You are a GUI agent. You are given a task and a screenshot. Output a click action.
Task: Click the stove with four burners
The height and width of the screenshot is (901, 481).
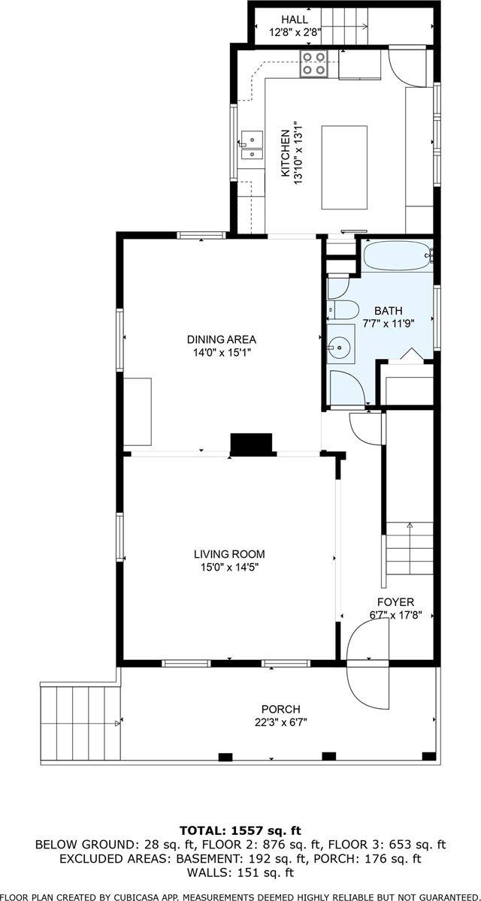[x=313, y=64]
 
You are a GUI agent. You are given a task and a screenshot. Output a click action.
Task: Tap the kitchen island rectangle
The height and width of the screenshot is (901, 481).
[x=344, y=167]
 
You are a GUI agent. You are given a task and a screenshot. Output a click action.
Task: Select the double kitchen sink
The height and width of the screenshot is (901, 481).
[x=252, y=145]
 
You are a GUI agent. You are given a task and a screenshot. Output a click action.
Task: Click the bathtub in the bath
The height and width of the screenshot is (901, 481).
[x=397, y=256]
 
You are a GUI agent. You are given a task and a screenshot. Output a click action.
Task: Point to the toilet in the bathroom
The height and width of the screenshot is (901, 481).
[x=343, y=310]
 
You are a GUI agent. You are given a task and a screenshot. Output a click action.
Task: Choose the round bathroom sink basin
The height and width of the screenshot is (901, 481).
[x=337, y=347]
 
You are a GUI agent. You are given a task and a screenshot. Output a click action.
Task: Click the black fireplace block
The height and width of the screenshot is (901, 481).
[x=251, y=444]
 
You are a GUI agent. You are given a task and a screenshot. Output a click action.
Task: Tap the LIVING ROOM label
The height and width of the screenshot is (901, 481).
[x=229, y=554]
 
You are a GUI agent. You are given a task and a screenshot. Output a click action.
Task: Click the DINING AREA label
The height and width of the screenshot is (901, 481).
[x=222, y=339]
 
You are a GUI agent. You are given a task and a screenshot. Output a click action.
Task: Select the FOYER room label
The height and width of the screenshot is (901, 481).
[x=395, y=601]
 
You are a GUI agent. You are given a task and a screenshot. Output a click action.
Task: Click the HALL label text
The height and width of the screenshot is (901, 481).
[x=295, y=19]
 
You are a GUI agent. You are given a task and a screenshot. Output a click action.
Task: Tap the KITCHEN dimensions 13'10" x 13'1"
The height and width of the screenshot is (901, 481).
[x=298, y=153]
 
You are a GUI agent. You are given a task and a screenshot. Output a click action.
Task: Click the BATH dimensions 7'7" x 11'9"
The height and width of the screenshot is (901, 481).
[x=389, y=324]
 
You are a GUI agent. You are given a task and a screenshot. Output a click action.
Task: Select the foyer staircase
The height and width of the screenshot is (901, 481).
[x=410, y=548]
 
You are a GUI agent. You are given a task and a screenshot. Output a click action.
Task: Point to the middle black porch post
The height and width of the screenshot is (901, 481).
[x=329, y=756]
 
